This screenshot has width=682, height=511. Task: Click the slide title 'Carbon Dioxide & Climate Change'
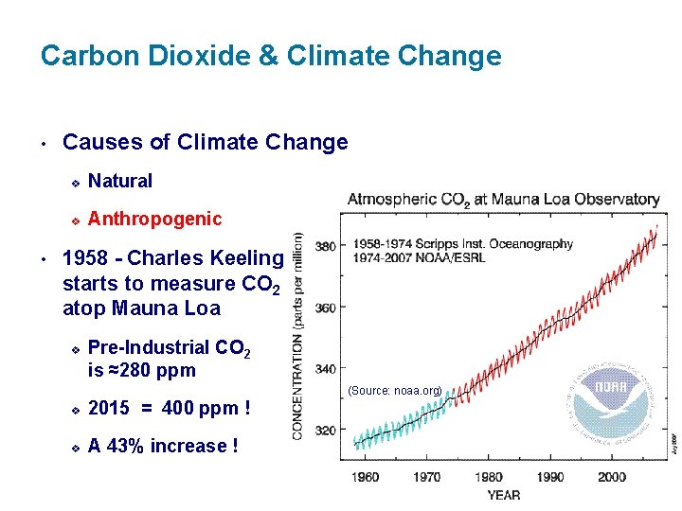[x=271, y=56]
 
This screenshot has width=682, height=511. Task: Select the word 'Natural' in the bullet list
[x=120, y=181]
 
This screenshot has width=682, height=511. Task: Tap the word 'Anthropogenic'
[x=155, y=220]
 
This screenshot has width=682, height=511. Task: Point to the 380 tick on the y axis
[x=326, y=246]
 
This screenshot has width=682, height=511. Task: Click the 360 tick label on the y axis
[x=326, y=308]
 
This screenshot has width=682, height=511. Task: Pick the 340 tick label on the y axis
[x=326, y=369]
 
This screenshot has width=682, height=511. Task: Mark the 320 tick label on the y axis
[x=326, y=431]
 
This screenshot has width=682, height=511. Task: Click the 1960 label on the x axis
[x=366, y=477]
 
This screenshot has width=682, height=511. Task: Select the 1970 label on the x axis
[x=427, y=477]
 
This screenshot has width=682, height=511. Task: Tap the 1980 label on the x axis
[x=489, y=477]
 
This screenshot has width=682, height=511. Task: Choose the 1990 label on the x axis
[x=550, y=477]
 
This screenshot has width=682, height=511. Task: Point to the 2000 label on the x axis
[x=612, y=477]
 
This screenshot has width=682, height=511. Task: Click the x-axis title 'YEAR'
[x=503, y=495]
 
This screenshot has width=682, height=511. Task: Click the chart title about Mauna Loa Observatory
[x=503, y=200]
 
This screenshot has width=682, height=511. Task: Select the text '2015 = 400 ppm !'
[x=170, y=409]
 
